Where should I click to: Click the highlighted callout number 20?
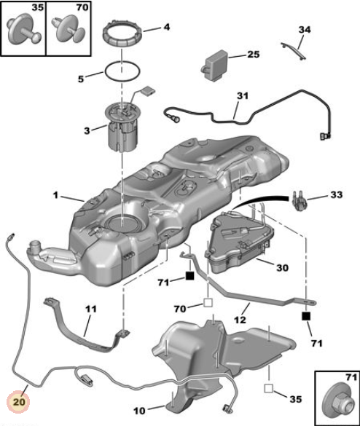(19, 401)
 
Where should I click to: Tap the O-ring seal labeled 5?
(122, 71)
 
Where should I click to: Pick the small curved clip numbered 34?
(294, 50)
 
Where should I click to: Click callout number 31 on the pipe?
(243, 95)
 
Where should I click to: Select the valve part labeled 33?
(299, 202)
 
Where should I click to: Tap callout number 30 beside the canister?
(282, 267)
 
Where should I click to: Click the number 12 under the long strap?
(240, 320)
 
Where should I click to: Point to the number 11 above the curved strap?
(91, 309)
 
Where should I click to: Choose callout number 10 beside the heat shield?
(139, 411)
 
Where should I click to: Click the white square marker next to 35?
(268, 388)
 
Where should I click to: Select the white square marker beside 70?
(208, 303)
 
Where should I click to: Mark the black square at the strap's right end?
(306, 316)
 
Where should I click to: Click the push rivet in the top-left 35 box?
(24, 29)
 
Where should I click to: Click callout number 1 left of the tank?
(55, 195)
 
